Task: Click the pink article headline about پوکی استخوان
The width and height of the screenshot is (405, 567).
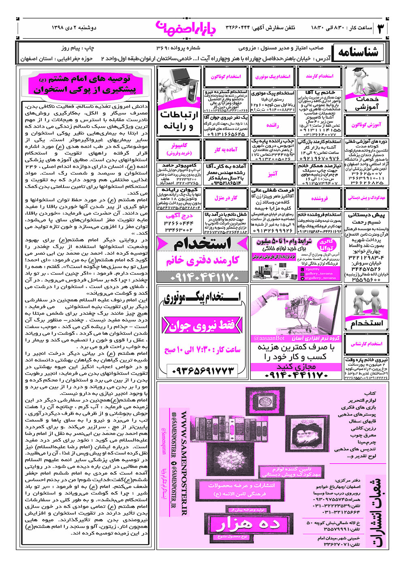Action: pos(85,84)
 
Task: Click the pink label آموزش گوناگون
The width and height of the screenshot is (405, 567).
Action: pos(366,125)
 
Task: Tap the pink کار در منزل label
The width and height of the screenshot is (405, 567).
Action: pos(226,198)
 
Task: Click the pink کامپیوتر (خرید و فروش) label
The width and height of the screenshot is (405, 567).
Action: pos(179,149)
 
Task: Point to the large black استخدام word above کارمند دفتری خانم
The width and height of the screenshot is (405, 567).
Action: pos(202,244)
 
